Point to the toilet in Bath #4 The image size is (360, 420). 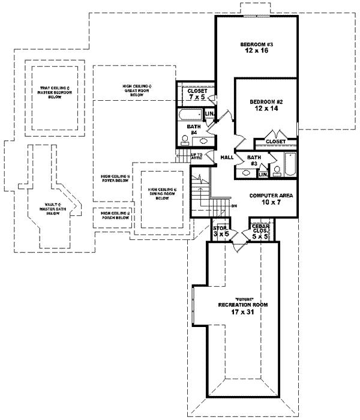(184, 140)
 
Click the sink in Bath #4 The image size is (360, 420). (204, 142)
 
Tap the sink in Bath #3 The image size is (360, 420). (246, 173)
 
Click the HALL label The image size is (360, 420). (227, 157)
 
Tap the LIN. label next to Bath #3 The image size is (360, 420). (263, 175)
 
